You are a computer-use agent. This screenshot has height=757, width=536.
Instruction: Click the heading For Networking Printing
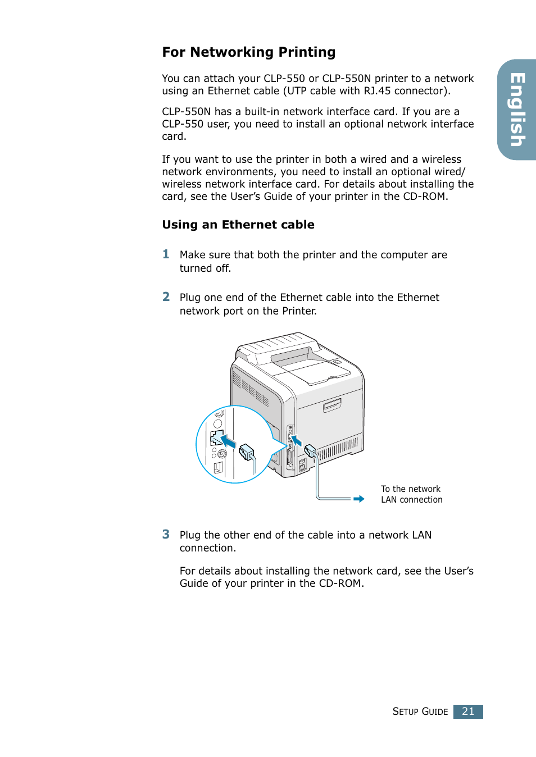[248, 52]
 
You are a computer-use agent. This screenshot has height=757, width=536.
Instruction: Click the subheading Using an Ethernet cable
[238, 225]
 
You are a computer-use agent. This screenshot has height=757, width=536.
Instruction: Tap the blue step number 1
[166, 254]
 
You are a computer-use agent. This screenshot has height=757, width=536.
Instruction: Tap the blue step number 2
[166, 297]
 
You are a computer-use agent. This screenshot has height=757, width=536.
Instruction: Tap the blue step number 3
[166, 534]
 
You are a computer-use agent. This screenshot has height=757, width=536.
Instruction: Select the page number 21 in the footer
[468, 712]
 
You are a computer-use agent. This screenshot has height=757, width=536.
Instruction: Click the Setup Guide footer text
[420, 712]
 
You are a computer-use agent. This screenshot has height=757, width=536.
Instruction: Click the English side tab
[517, 110]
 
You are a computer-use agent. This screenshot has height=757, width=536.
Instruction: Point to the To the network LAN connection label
[411, 494]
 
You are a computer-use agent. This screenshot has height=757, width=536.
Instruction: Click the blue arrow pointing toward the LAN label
[358, 499]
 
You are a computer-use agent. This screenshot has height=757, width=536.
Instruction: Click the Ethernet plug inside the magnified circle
[247, 452]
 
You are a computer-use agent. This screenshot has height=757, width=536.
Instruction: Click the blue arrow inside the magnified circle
[228, 441]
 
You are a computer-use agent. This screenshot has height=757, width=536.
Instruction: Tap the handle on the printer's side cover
[332, 405]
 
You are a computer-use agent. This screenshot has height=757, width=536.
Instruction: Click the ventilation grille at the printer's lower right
[338, 449]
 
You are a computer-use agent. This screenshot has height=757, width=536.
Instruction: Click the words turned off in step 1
[205, 268]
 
